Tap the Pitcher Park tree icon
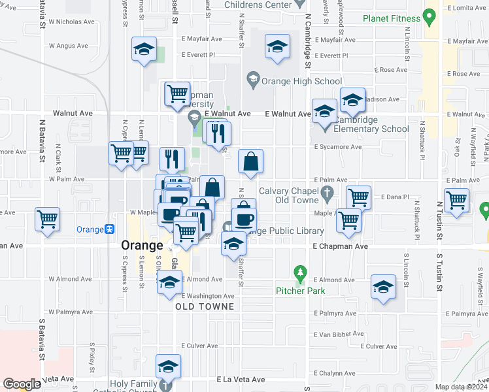(x=300, y=271)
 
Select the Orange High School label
(x=301, y=82)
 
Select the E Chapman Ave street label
(x=340, y=246)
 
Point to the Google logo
(x=22, y=384)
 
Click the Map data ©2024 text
(x=462, y=387)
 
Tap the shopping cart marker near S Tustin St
(x=456, y=199)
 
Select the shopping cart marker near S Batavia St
(x=48, y=219)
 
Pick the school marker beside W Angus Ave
(x=144, y=49)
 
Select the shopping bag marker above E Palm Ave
(x=251, y=161)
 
